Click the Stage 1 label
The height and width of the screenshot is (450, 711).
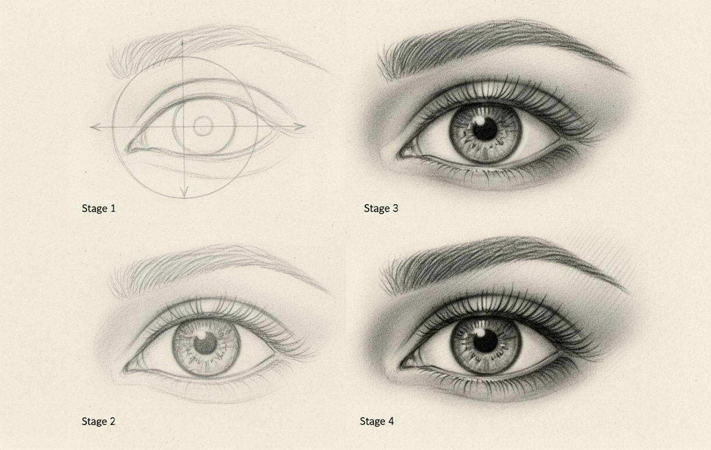99,208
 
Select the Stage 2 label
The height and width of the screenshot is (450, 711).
99,421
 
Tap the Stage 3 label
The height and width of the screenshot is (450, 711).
381,208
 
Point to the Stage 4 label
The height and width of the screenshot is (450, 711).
377,421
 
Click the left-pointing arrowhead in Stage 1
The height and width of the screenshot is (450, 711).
95,127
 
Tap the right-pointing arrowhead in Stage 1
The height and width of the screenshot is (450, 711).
300,126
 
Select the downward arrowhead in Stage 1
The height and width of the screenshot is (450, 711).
184,192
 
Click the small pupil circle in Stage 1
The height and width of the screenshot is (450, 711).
203,126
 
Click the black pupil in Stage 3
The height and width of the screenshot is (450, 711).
485,129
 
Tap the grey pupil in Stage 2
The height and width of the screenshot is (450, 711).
205,343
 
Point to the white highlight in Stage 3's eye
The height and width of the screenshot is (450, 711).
479,121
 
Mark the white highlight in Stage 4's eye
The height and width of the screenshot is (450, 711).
479,332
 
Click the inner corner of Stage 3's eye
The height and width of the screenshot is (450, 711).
398,155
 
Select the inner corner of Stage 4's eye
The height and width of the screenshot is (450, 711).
401,366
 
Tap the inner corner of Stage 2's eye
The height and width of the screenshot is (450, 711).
125,371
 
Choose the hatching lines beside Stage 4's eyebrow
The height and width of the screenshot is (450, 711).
600,257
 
